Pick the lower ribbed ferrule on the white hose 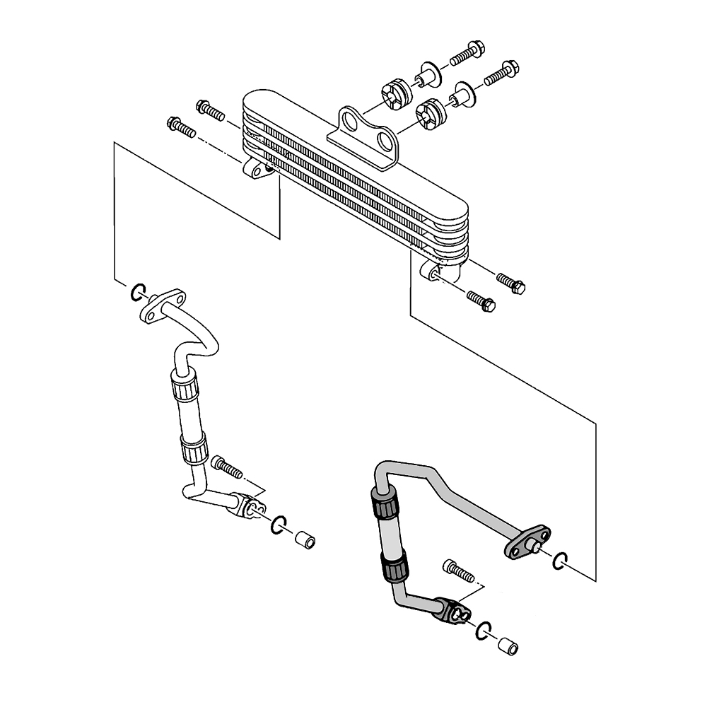[194, 449]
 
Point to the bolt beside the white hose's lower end [227, 467]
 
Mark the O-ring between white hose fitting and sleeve [278, 524]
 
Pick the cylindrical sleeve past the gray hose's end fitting [508, 646]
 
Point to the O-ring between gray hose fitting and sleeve [483, 631]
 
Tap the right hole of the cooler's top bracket [385, 140]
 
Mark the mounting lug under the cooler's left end [257, 170]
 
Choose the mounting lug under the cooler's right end [439, 271]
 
